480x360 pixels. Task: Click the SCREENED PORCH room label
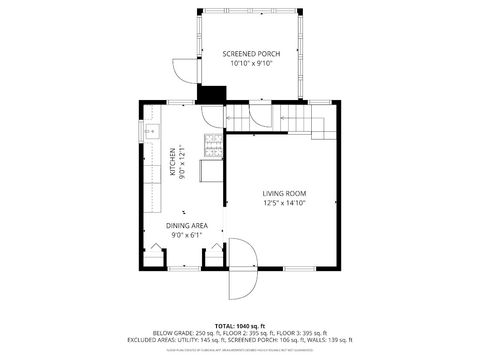click(x=251, y=53)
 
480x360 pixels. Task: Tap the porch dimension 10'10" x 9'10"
click(x=251, y=63)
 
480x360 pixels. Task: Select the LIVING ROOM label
click(x=284, y=193)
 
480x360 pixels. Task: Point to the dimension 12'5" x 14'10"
click(x=284, y=203)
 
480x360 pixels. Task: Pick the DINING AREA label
click(x=187, y=226)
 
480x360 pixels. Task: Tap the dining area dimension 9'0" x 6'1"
click(x=187, y=236)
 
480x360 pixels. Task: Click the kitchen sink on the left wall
click(x=151, y=131)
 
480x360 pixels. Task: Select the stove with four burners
click(x=212, y=146)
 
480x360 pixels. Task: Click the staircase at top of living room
click(x=300, y=120)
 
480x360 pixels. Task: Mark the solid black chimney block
click(x=212, y=94)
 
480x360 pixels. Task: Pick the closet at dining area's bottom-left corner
click(x=152, y=257)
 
